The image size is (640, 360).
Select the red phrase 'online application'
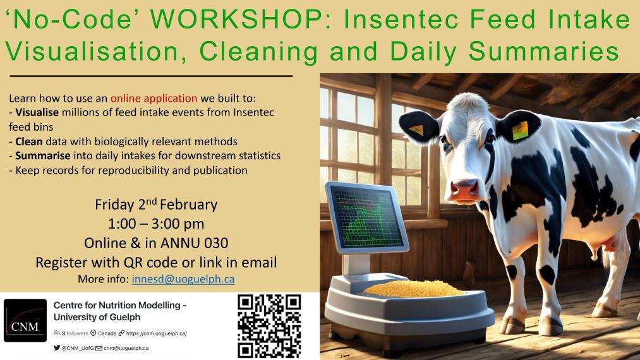pos(154,99)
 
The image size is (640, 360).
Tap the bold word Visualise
pos(37,112)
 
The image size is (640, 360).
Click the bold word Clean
pos(29,141)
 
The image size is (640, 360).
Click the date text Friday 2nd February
pos(156,204)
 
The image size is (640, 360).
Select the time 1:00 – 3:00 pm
pos(156,224)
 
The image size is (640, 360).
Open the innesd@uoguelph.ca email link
pos(183,279)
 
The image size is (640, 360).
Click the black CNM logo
pos(25,320)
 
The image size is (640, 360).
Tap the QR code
pos(269,326)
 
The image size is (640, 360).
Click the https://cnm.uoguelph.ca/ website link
pos(156,333)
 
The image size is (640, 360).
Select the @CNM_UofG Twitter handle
pos(78,348)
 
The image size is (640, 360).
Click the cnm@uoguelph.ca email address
pos(126,348)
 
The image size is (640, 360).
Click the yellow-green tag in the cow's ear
pos(520,131)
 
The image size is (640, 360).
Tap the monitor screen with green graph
pos(366,217)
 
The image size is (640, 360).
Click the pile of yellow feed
pos(414,289)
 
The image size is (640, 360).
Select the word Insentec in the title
pos(403,19)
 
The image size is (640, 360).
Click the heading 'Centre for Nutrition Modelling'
pos(117,305)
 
